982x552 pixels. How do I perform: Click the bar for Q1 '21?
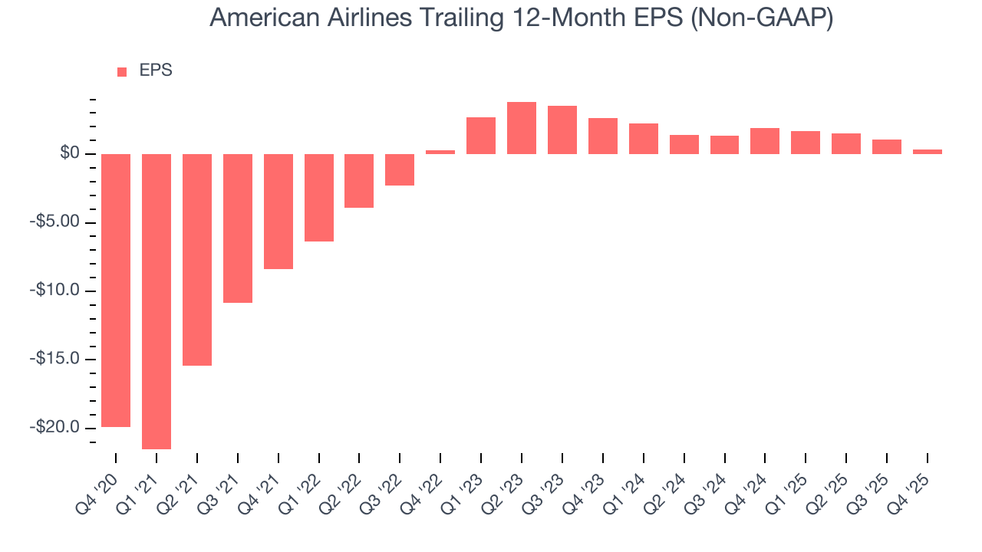click(157, 301)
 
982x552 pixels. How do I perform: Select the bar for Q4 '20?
click(116, 291)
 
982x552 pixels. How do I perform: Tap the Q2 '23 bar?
click(522, 128)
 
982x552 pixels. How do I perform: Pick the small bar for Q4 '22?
click(440, 152)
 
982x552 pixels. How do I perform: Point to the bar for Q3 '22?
click(400, 169)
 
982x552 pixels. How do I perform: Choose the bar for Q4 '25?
click(928, 152)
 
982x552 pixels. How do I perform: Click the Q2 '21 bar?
click(197, 260)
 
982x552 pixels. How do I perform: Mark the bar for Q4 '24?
click(765, 141)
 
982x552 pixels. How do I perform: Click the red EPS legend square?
click(122, 72)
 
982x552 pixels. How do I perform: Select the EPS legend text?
click(156, 71)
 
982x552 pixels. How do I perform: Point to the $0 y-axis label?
click(71, 154)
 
